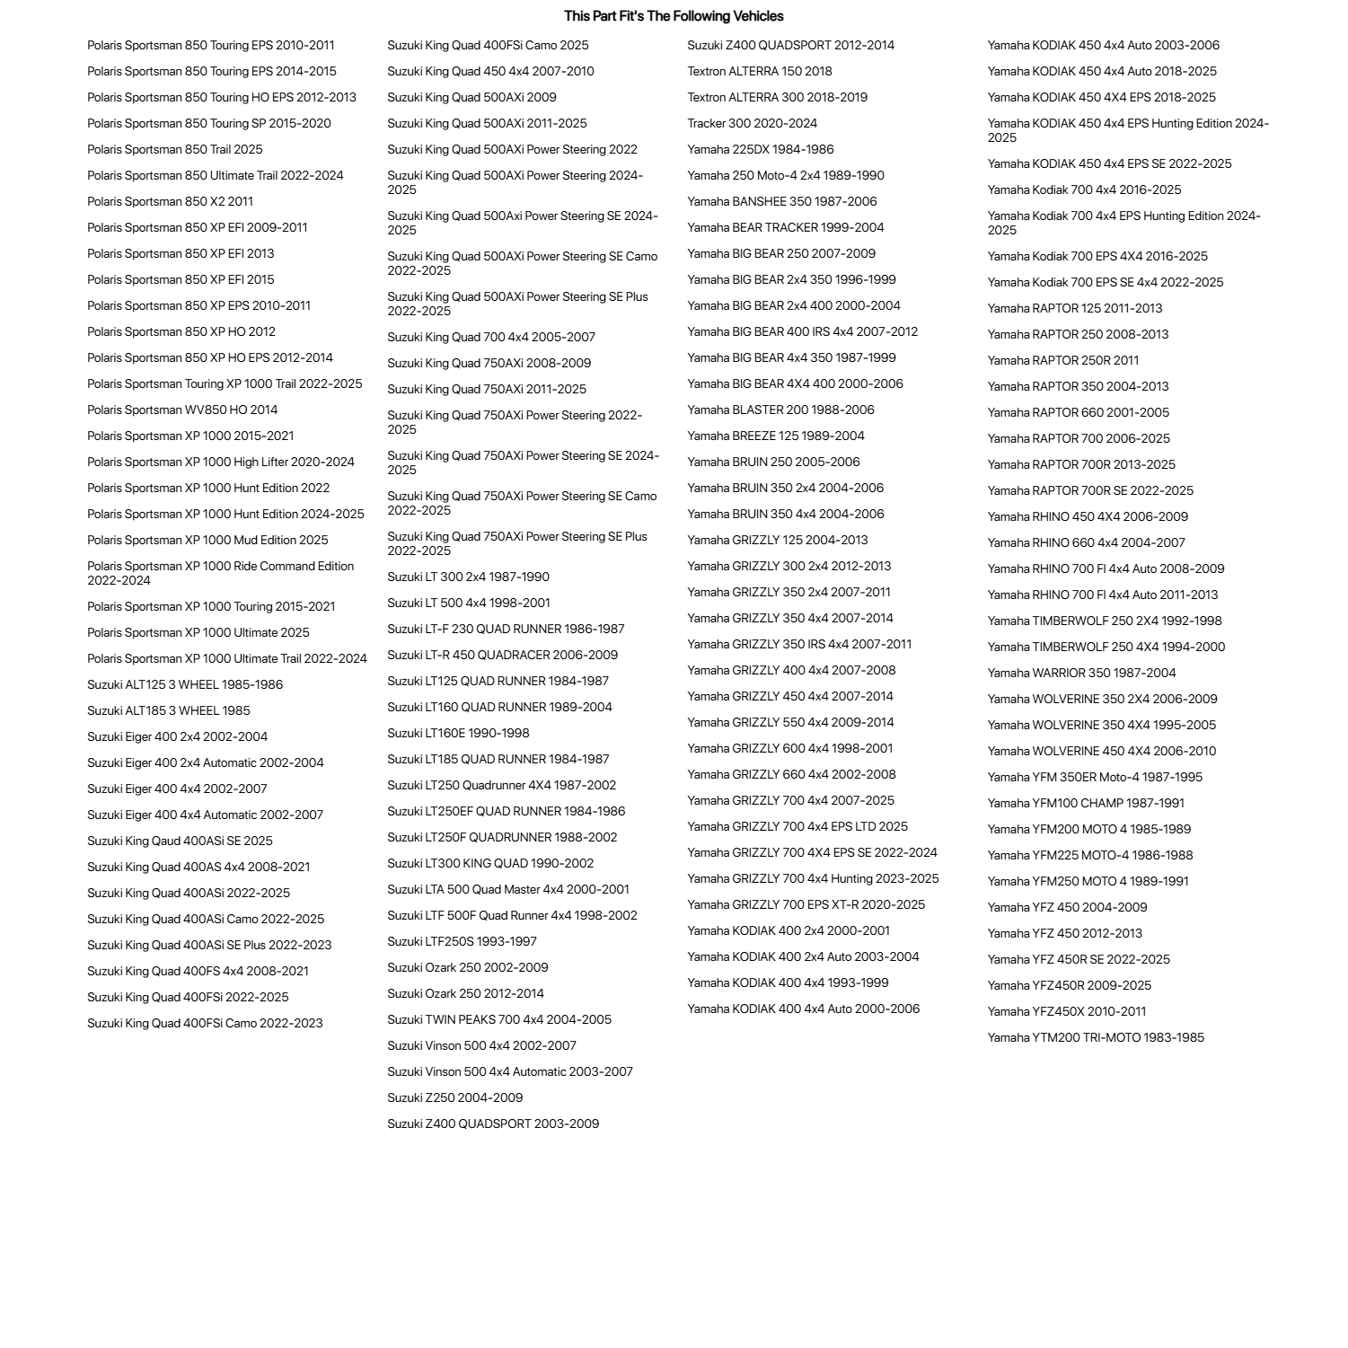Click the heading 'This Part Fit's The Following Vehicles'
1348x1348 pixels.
[674, 16]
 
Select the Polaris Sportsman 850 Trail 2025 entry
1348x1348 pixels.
[175, 150]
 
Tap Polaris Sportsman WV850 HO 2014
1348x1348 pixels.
[182, 410]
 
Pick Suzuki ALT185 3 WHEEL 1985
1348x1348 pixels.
[169, 711]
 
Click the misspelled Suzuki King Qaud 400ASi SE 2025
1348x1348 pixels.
[180, 841]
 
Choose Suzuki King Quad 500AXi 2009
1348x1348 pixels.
[471, 98]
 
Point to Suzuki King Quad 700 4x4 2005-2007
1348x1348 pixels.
[491, 338]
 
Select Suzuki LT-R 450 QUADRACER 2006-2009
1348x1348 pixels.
[502, 656]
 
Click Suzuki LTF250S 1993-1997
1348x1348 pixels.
[462, 942]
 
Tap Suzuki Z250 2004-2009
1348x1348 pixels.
[454, 1098]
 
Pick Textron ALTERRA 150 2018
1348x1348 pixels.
[760, 72]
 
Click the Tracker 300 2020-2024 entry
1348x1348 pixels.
[753, 124]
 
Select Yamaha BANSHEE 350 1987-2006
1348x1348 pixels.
[782, 202]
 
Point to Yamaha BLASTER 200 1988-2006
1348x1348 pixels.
[780, 410]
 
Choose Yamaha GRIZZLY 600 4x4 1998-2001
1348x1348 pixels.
[790, 749]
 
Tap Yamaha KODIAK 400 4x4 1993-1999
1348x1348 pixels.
[788, 983]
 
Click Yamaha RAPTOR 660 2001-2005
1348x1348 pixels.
[1079, 413]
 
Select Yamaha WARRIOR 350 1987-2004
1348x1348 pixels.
[1081, 674]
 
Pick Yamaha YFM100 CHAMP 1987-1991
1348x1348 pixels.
[1086, 804]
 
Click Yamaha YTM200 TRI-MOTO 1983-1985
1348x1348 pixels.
[1096, 1038]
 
